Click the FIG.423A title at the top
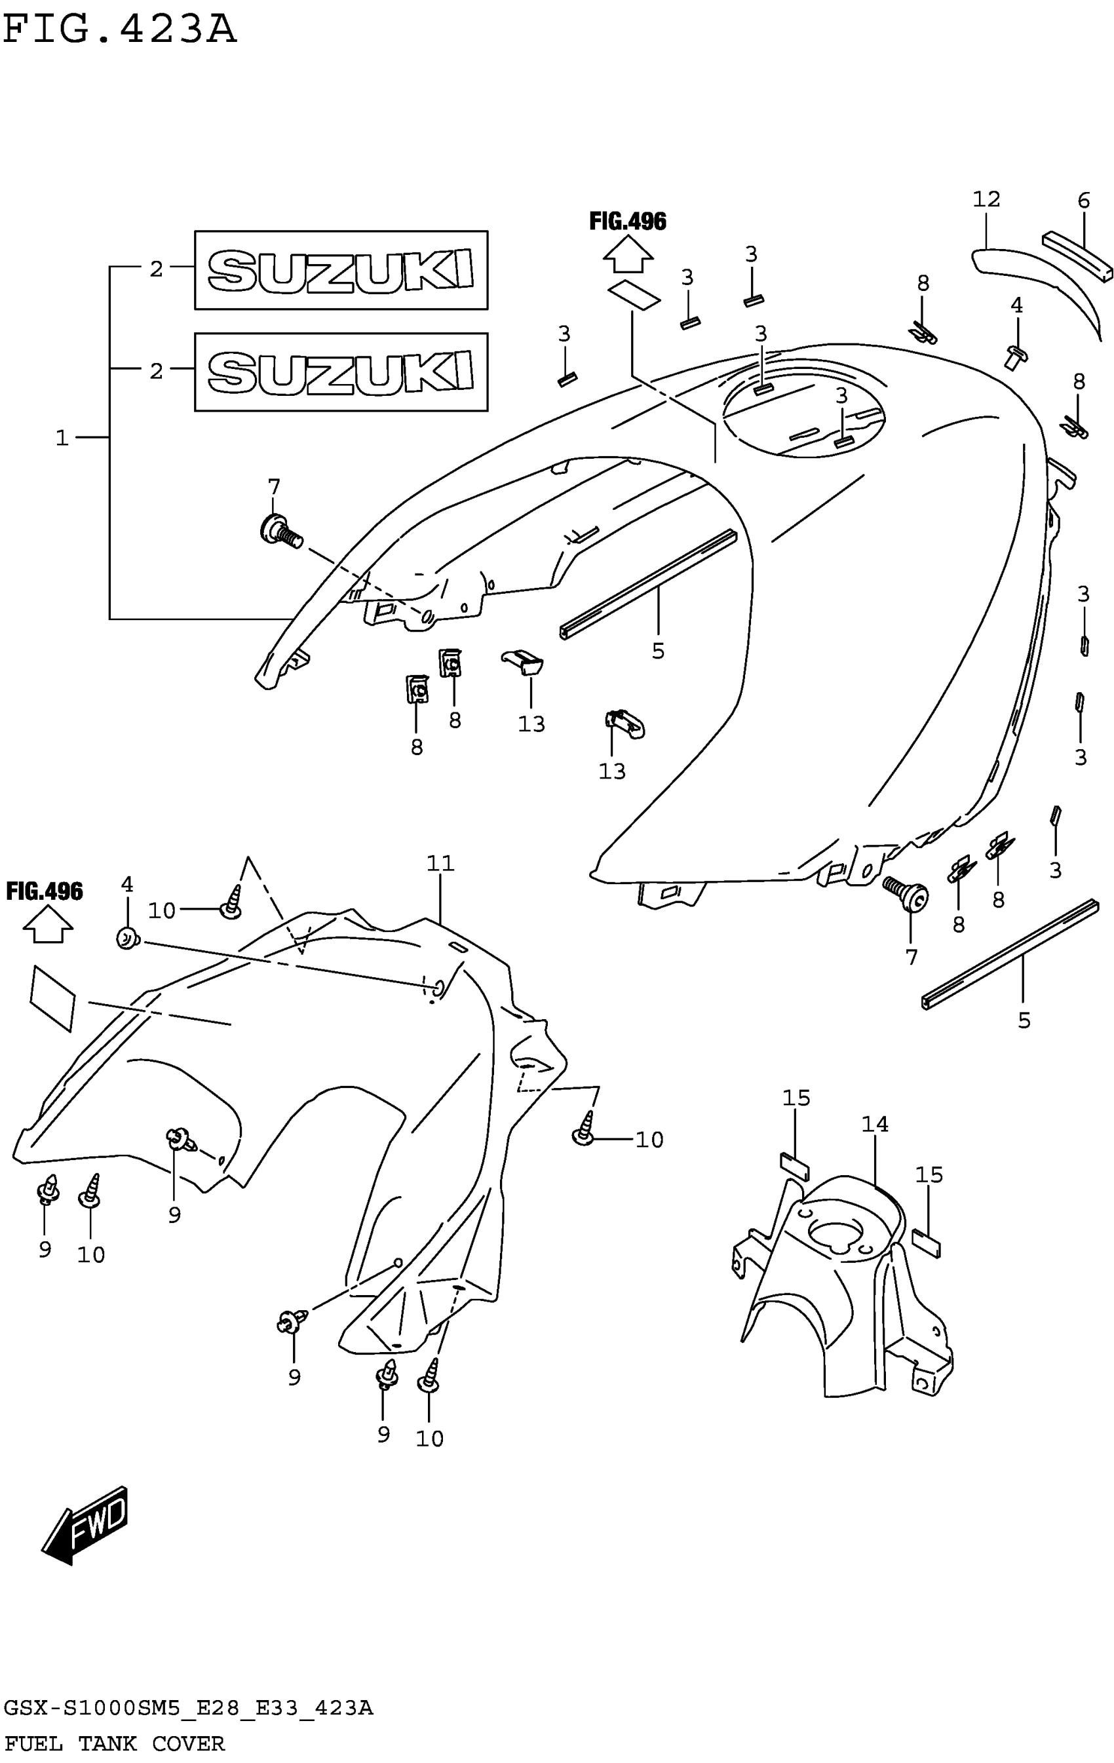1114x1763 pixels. [119, 31]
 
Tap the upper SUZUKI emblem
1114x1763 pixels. [340, 270]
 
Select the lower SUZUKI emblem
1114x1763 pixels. [340, 371]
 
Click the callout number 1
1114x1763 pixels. [62, 438]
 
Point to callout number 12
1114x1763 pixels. [986, 199]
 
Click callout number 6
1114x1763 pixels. [1083, 201]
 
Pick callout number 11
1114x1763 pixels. [440, 864]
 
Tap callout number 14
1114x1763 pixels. [875, 1124]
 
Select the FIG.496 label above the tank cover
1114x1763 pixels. [627, 221]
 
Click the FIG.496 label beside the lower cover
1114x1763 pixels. [45, 891]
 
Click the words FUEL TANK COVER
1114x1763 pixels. [114, 1743]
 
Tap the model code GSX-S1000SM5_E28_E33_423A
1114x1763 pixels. [188, 1709]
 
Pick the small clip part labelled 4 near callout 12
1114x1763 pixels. [1016, 356]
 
